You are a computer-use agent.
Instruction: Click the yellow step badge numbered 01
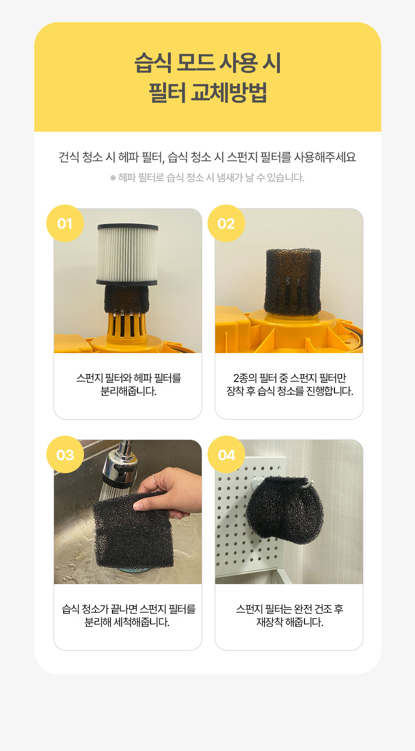(65, 223)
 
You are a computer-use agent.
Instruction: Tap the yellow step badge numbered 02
(226, 223)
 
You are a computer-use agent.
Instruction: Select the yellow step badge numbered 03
(65, 454)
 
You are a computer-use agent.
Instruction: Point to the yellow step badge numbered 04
(226, 454)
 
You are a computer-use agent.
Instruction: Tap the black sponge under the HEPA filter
(126, 300)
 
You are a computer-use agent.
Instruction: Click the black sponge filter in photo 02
(292, 282)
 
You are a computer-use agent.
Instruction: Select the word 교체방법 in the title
(229, 93)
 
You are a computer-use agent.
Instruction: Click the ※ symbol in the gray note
(113, 178)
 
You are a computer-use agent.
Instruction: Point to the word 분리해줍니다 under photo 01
(128, 391)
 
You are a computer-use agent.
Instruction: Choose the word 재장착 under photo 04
(269, 622)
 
